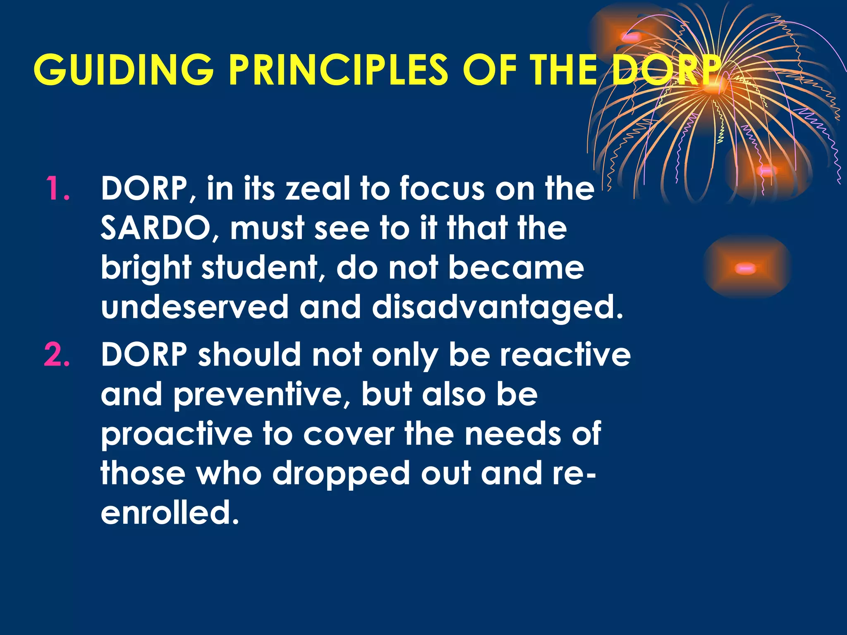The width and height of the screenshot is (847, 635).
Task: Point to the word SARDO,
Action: point(159,228)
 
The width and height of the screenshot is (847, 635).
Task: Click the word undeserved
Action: point(194,307)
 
